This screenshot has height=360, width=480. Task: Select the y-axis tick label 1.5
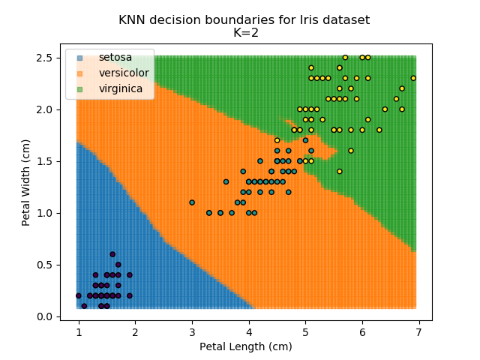pyautogui.click(x=45, y=161)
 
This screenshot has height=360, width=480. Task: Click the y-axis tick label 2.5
pyautogui.click(x=45, y=58)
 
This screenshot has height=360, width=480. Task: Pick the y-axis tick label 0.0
pyautogui.click(x=45, y=316)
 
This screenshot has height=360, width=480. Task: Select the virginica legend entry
pyautogui.click(x=121, y=89)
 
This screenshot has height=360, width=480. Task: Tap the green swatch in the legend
pyautogui.click(x=79, y=89)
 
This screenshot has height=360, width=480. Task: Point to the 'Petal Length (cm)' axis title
pyautogui.click(x=245, y=346)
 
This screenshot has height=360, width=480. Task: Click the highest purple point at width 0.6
pyautogui.click(x=112, y=254)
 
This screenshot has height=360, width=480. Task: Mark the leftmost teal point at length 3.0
pyautogui.click(x=192, y=202)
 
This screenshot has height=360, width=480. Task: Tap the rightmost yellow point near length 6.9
pyautogui.click(x=413, y=78)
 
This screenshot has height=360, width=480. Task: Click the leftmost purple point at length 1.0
pyautogui.click(x=78, y=295)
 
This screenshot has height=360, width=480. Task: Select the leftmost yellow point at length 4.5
pyautogui.click(x=277, y=140)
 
